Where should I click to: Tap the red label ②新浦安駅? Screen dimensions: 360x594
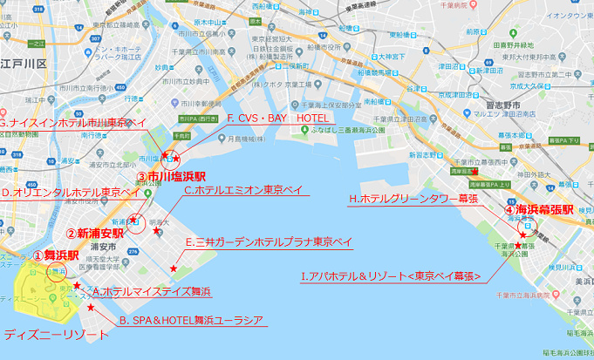(x=95, y=233)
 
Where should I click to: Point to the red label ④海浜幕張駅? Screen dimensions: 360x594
(x=538, y=210)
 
